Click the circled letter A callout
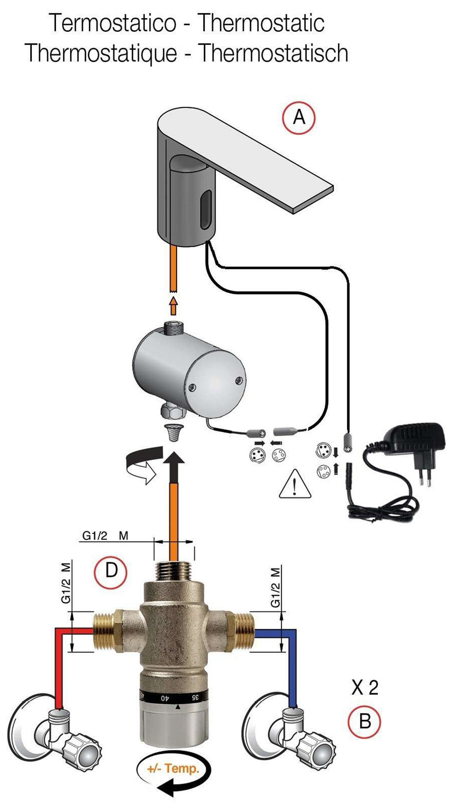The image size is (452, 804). pyautogui.click(x=299, y=117)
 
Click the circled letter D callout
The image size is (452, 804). pyautogui.click(x=111, y=569)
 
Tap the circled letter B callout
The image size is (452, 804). pyautogui.click(x=364, y=721)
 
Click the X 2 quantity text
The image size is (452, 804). pyautogui.click(x=365, y=688)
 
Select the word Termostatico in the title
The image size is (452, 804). pyautogui.click(x=113, y=23)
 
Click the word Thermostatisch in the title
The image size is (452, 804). pyautogui.click(x=273, y=53)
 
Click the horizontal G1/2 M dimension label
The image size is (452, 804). pyautogui.click(x=105, y=536)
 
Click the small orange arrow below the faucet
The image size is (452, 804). pyautogui.click(x=173, y=305)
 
